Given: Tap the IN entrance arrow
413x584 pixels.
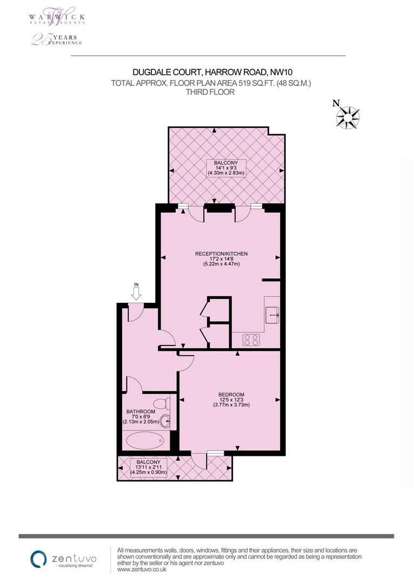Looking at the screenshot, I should pyautogui.click(x=136, y=293).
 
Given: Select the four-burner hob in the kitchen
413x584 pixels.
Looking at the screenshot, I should pyautogui.click(x=251, y=340).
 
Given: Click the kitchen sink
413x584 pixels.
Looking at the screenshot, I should pyautogui.click(x=272, y=311).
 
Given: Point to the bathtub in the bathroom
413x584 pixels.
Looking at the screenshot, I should pyautogui.click(x=144, y=440).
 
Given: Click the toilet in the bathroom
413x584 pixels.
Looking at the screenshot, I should pyautogui.click(x=161, y=404).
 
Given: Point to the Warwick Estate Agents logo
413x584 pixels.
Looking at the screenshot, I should pyautogui.click(x=56, y=16).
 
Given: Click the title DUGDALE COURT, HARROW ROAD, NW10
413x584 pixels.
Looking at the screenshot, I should pyautogui.click(x=212, y=72).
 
